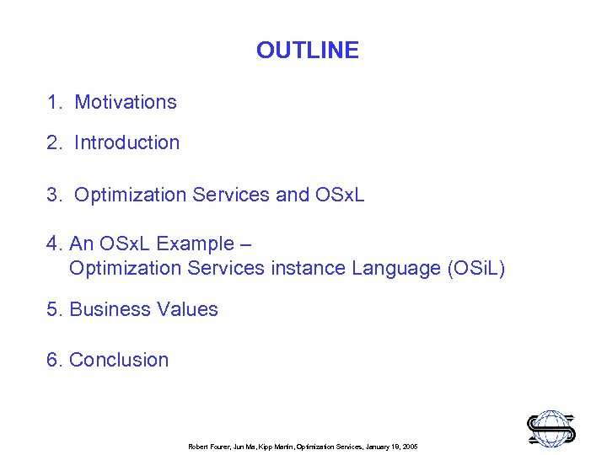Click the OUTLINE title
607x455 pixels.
pyautogui.click(x=307, y=51)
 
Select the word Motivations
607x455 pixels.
pyautogui.click(x=126, y=103)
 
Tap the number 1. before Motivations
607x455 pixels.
pyautogui.click(x=56, y=103)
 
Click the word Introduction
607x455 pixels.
pyautogui.click(x=126, y=143)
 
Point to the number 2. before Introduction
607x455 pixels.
pyautogui.click(x=56, y=143)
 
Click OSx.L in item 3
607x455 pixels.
pyautogui.click(x=340, y=195)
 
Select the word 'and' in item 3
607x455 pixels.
pyautogui.click(x=293, y=195)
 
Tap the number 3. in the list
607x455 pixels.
pyautogui.click(x=56, y=195)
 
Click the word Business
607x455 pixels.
pyautogui.click(x=105, y=310)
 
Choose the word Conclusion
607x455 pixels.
pyautogui.click(x=119, y=361)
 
